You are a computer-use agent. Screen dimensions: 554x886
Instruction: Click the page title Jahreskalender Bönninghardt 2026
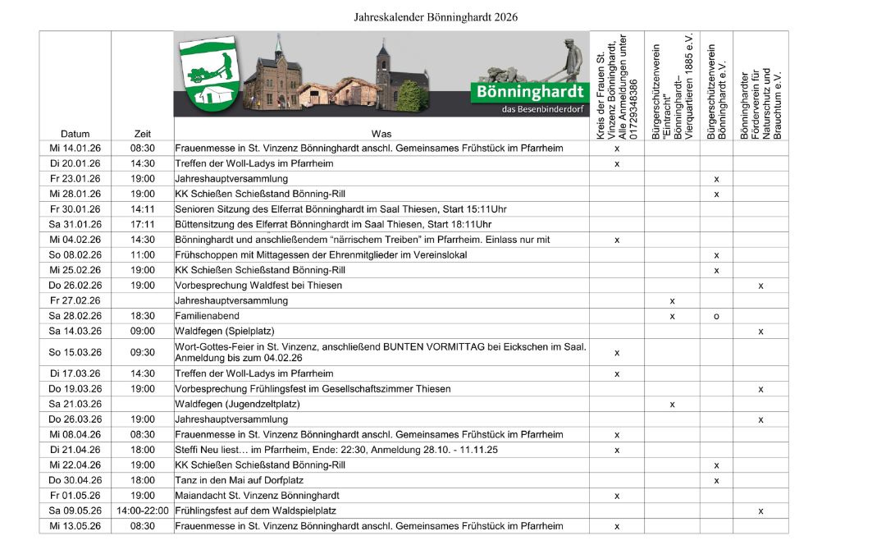click(436, 16)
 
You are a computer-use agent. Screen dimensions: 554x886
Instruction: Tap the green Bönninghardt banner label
click(530, 92)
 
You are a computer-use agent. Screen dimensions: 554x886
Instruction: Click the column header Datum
click(75, 134)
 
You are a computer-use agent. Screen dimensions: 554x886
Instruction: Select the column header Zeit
click(142, 134)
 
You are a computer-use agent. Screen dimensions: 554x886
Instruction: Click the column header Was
click(381, 134)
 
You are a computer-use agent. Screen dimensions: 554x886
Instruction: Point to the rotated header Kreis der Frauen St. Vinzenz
click(617, 87)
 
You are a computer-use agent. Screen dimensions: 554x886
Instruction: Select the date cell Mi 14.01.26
click(75, 149)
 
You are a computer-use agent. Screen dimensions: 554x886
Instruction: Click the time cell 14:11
click(142, 209)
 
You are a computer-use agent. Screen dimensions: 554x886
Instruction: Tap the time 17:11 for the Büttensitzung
click(142, 224)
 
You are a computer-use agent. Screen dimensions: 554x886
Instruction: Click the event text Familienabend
click(208, 316)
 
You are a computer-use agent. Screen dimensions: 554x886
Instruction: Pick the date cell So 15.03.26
click(75, 352)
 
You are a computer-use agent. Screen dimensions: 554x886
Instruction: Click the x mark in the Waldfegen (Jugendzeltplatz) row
click(672, 404)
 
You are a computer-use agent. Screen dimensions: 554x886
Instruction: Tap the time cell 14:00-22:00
click(142, 511)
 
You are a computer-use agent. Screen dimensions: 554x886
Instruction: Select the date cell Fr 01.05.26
click(75, 496)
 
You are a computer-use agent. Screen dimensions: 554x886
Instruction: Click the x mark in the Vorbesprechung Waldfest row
click(760, 286)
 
